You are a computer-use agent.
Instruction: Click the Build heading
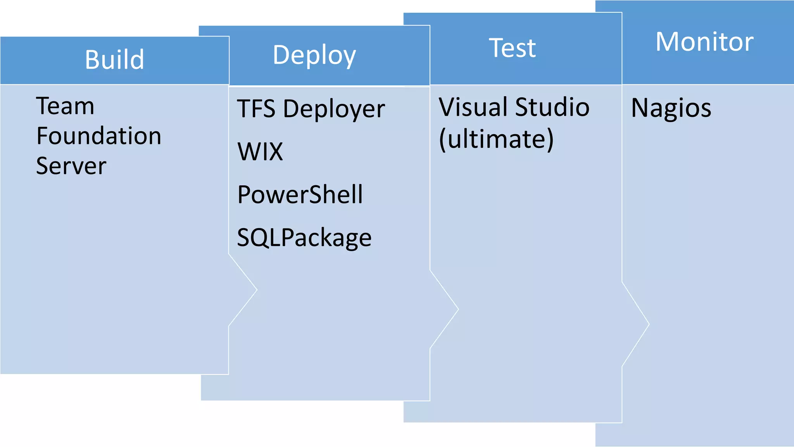coord(115,60)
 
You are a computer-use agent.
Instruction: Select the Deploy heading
coord(314,55)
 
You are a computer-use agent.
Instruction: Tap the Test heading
coord(512,48)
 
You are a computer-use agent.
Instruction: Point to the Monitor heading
coord(704,42)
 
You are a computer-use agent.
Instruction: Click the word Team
coord(65,106)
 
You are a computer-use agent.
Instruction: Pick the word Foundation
coord(99,136)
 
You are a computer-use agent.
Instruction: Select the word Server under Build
coord(71,166)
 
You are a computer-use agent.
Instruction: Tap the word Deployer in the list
coord(334,109)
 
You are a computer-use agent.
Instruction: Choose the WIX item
coord(260,151)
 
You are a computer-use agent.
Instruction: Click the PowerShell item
coord(300,194)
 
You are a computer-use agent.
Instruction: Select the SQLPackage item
coord(304,237)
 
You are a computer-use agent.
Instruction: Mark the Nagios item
coord(671,108)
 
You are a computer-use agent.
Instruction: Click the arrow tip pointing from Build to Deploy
coord(256,289)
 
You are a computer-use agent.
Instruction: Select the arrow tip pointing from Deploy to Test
coord(457,309)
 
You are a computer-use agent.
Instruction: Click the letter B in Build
coord(91,60)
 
